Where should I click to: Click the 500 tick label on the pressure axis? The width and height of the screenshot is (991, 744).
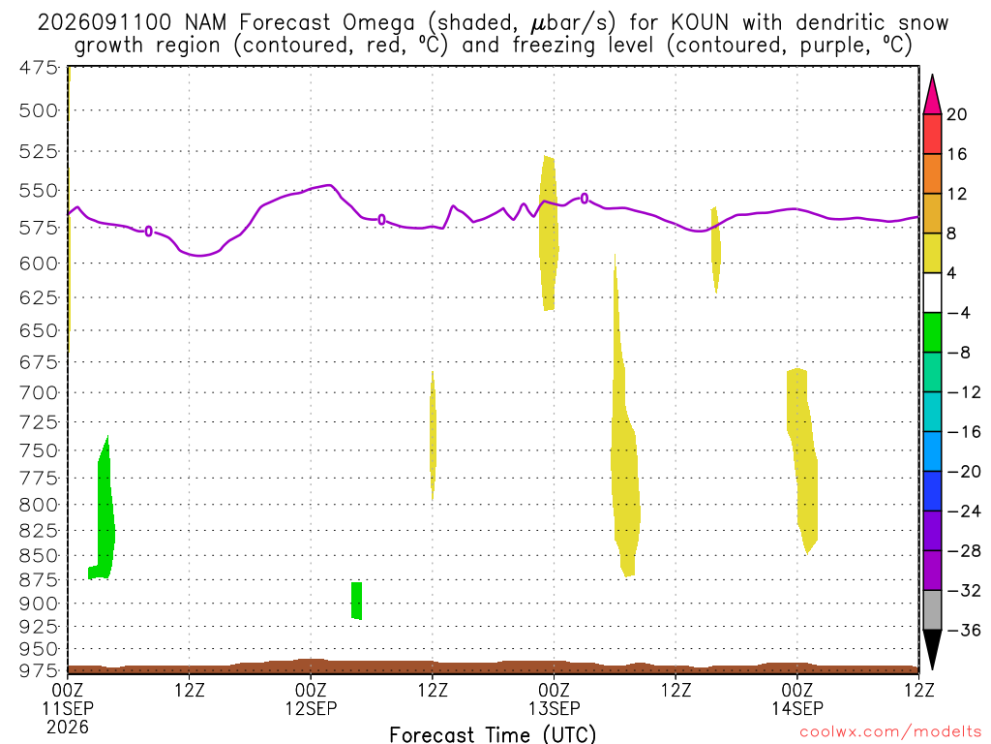click(x=39, y=110)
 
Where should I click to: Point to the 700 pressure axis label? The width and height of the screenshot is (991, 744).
click(x=39, y=393)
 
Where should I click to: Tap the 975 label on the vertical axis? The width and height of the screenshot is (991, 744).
click(x=39, y=670)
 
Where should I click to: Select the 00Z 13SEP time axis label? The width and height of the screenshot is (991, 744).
click(x=555, y=698)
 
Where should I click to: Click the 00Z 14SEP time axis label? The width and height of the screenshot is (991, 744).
click(x=797, y=698)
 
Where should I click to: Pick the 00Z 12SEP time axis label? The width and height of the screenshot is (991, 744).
click(x=311, y=698)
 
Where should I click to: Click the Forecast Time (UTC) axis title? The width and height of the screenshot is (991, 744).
click(x=493, y=734)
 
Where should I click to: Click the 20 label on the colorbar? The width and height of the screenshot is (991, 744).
click(x=957, y=114)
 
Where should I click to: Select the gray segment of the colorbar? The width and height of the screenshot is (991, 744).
click(x=932, y=610)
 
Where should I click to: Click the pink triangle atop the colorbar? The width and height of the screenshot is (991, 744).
click(x=932, y=95)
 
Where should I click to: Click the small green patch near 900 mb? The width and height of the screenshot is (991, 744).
click(x=356, y=601)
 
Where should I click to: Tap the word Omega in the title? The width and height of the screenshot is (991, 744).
click(x=378, y=23)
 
